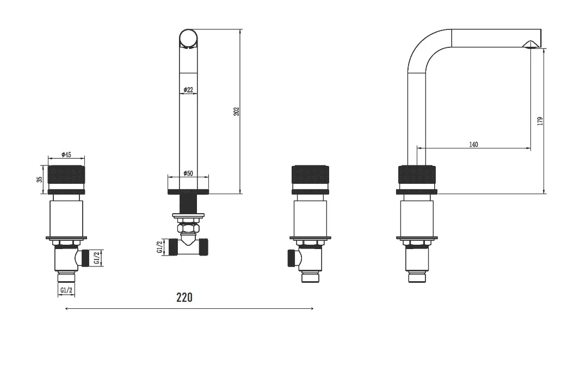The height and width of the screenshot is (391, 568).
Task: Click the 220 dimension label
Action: coord(184,297)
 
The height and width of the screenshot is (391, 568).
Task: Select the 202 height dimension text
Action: coord(237,111)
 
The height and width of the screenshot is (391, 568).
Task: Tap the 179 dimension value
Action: coord(540,121)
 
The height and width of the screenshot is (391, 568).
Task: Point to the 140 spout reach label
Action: coord(473,145)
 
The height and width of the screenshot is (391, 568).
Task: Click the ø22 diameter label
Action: coord(188,90)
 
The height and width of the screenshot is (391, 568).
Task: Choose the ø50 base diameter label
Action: coord(188,173)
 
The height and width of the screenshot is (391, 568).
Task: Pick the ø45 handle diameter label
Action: coord(66,154)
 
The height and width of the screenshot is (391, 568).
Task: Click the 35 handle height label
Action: coord(40,179)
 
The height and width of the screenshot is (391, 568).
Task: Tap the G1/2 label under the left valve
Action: coord(66,290)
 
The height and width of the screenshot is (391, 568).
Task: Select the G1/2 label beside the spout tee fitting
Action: coord(160,247)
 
